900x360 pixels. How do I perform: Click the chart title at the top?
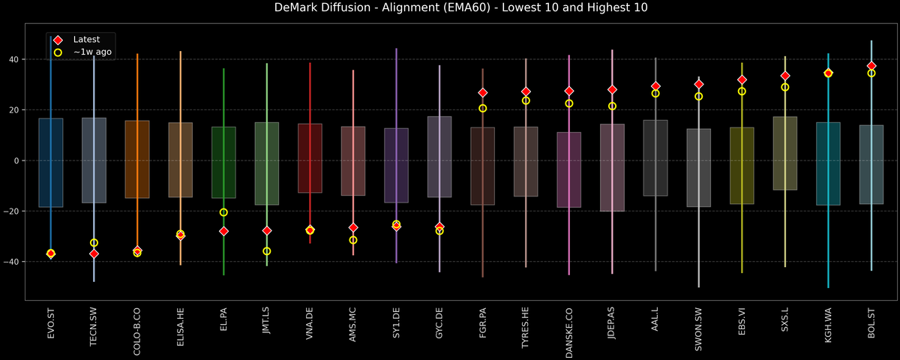[450, 8]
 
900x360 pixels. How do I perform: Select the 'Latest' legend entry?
[82, 39]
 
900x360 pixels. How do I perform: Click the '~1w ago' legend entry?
[88, 52]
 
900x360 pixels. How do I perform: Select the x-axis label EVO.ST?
[51, 323]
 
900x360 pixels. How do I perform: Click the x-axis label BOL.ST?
[871, 323]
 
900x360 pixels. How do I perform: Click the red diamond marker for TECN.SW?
[94, 254]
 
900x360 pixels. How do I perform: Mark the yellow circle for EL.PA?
[223, 212]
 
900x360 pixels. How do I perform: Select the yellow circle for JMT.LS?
[267, 251]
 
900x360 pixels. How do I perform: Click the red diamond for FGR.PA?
[483, 93]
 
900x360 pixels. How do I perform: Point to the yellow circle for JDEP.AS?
[613, 106]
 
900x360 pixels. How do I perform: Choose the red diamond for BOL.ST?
[871, 66]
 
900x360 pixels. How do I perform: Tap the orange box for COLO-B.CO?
[137, 159]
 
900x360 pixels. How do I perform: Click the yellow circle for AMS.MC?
[353, 240]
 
